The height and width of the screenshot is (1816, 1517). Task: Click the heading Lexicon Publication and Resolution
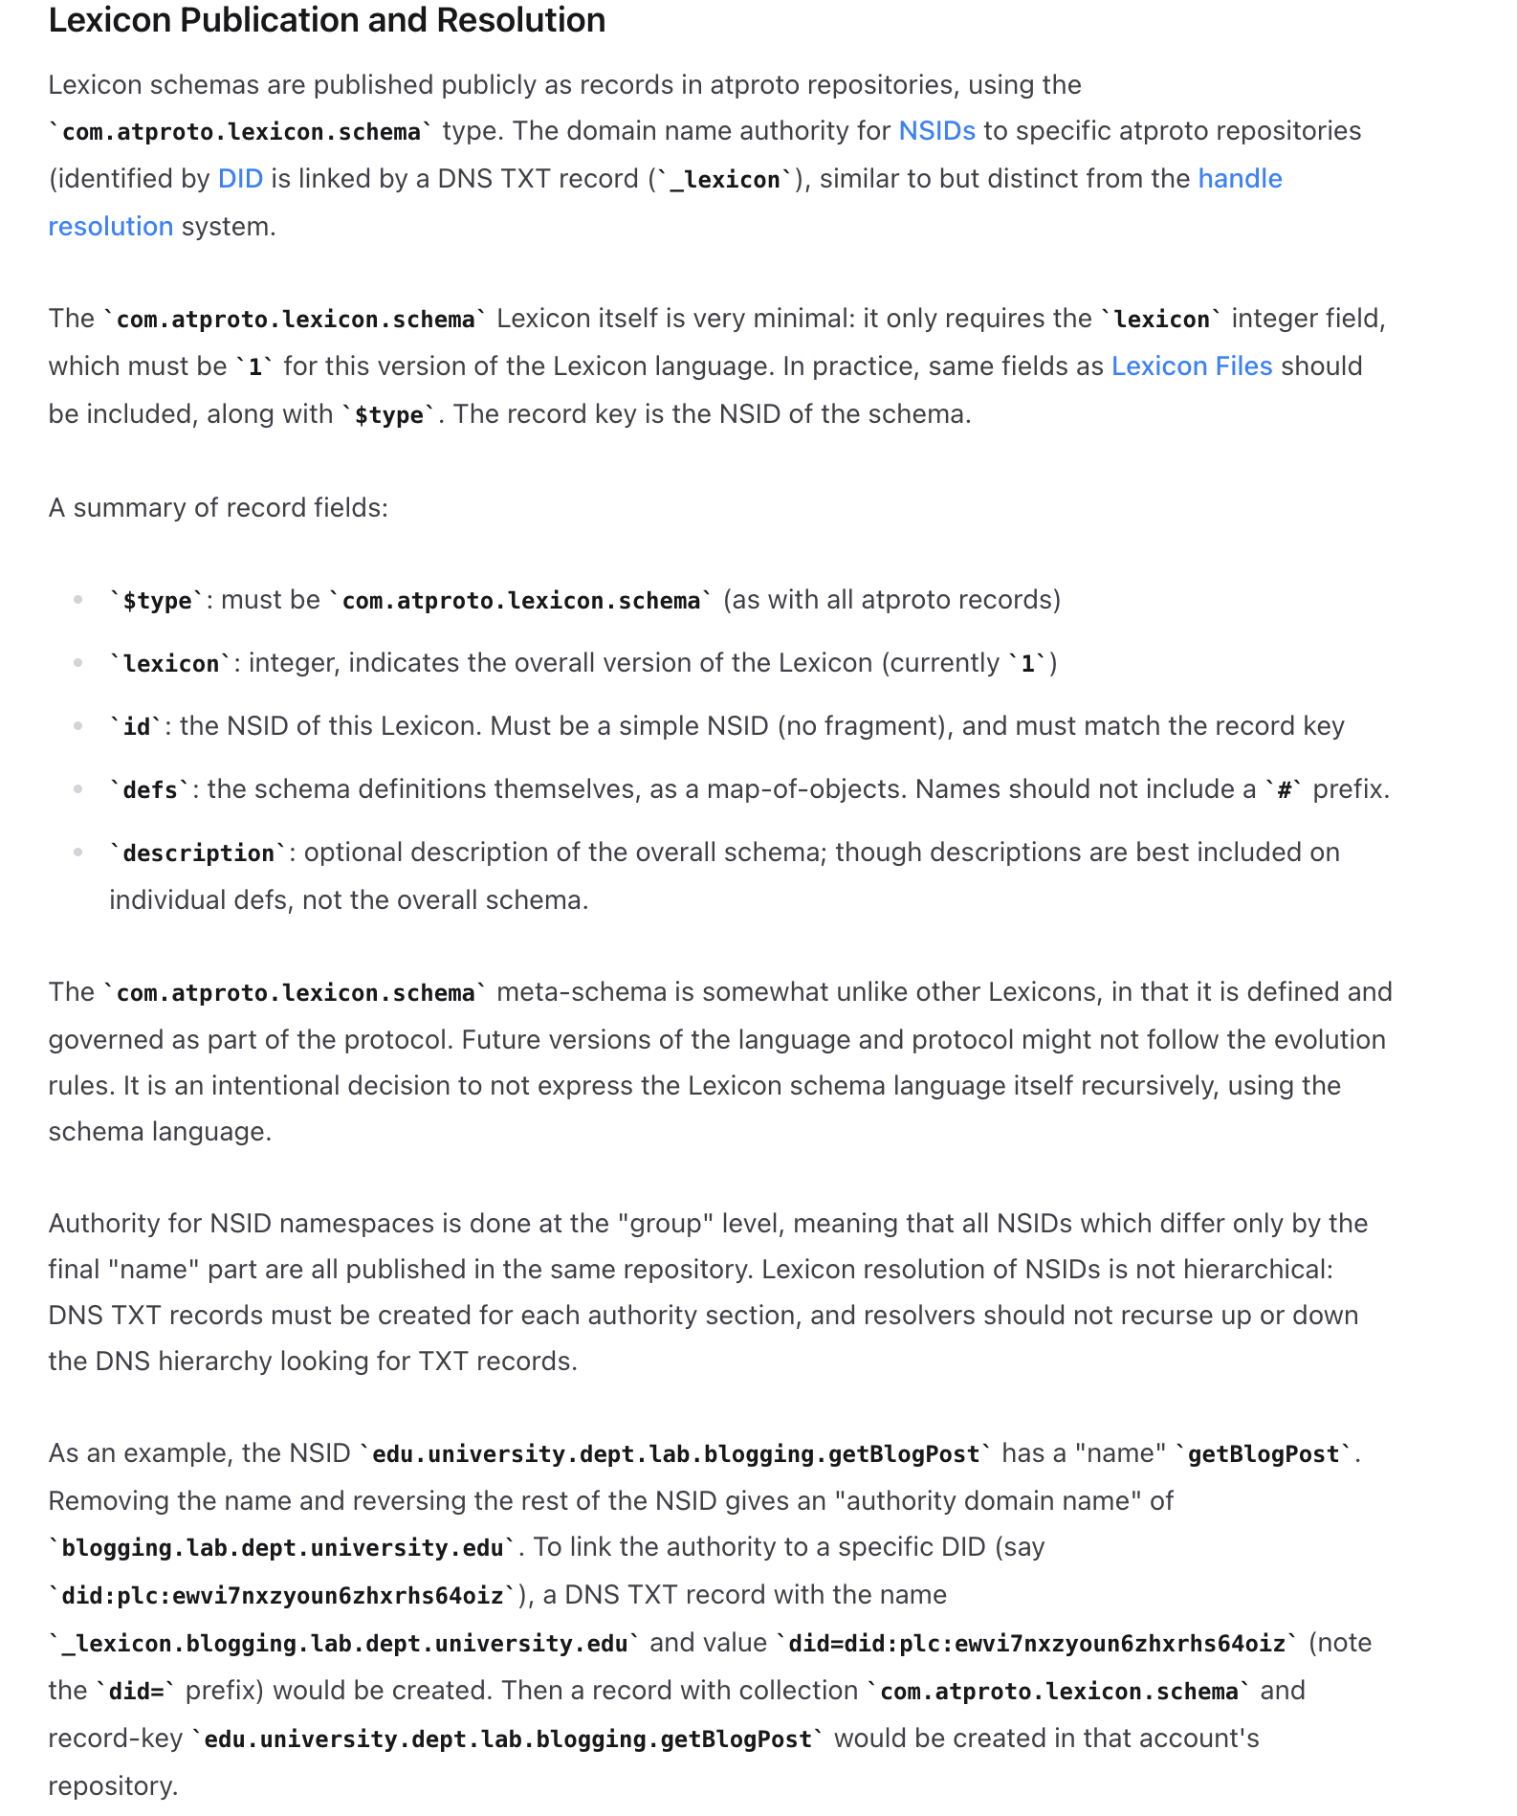pyautogui.click(x=326, y=20)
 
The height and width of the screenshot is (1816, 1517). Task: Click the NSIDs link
pyautogui.click(x=936, y=131)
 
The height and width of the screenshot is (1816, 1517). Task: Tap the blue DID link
pyautogui.click(x=240, y=179)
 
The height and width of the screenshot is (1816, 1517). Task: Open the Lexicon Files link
pyautogui.click(x=1191, y=366)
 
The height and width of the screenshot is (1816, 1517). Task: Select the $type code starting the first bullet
pyautogui.click(x=157, y=601)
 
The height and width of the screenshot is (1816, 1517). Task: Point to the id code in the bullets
pyautogui.click(x=137, y=727)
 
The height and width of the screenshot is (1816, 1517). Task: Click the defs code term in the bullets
pyautogui.click(x=150, y=790)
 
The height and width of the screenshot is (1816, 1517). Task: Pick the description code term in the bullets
pyautogui.click(x=198, y=853)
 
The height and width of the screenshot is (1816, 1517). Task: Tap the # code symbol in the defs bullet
pyautogui.click(x=1284, y=790)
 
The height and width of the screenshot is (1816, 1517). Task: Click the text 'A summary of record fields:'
pyautogui.click(x=218, y=507)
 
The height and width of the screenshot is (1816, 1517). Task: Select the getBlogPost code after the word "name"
pyautogui.click(x=1263, y=1454)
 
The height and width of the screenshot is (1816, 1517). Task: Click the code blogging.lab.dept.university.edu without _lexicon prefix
pyautogui.click(x=282, y=1548)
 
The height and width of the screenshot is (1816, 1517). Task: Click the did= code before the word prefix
pyautogui.click(x=135, y=1692)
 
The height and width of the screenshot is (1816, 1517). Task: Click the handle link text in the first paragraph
pyautogui.click(x=1240, y=179)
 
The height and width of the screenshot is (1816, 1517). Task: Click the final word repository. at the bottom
pyautogui.click(x=113, y=1786)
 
